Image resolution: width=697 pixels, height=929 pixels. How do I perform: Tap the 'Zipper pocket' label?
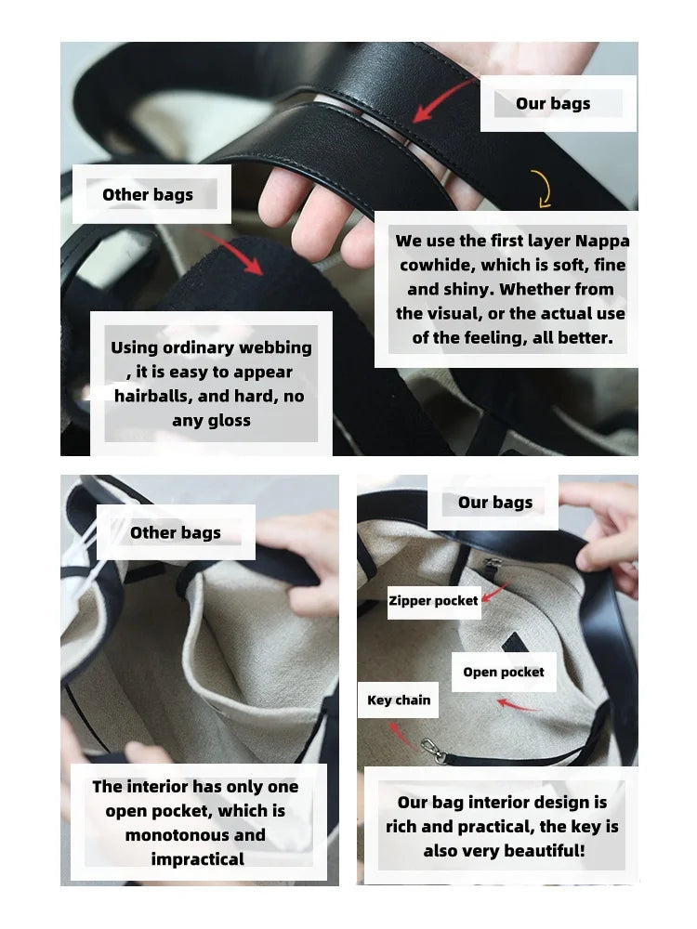433,601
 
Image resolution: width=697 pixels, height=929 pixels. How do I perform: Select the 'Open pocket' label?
504,672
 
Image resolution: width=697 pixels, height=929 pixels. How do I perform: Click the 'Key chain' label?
399,700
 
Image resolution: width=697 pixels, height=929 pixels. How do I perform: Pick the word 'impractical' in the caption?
197,859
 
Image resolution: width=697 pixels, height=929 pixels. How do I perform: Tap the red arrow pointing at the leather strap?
443,100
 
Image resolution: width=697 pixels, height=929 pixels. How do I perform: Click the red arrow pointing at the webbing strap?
230,253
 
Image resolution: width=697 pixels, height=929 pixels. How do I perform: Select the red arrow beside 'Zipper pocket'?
495,592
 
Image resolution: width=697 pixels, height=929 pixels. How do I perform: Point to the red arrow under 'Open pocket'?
518,704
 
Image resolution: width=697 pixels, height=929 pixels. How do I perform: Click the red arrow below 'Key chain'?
403,737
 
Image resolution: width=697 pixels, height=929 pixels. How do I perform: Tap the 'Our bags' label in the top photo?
553,103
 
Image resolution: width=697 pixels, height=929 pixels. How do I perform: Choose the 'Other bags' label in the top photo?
148,194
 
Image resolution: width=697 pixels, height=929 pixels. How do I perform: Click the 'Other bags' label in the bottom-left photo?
176,532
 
